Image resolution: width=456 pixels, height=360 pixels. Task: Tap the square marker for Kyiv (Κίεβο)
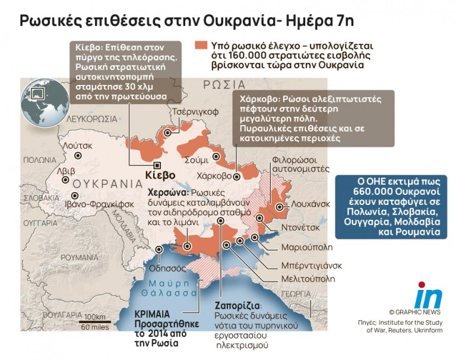(157, 165)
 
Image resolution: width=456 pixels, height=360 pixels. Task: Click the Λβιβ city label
(65, 171)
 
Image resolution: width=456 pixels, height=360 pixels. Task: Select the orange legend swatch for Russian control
(201, 45)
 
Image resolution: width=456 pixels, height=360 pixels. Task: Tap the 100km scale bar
(94, 321)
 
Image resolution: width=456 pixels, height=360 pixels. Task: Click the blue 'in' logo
(428, 295)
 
